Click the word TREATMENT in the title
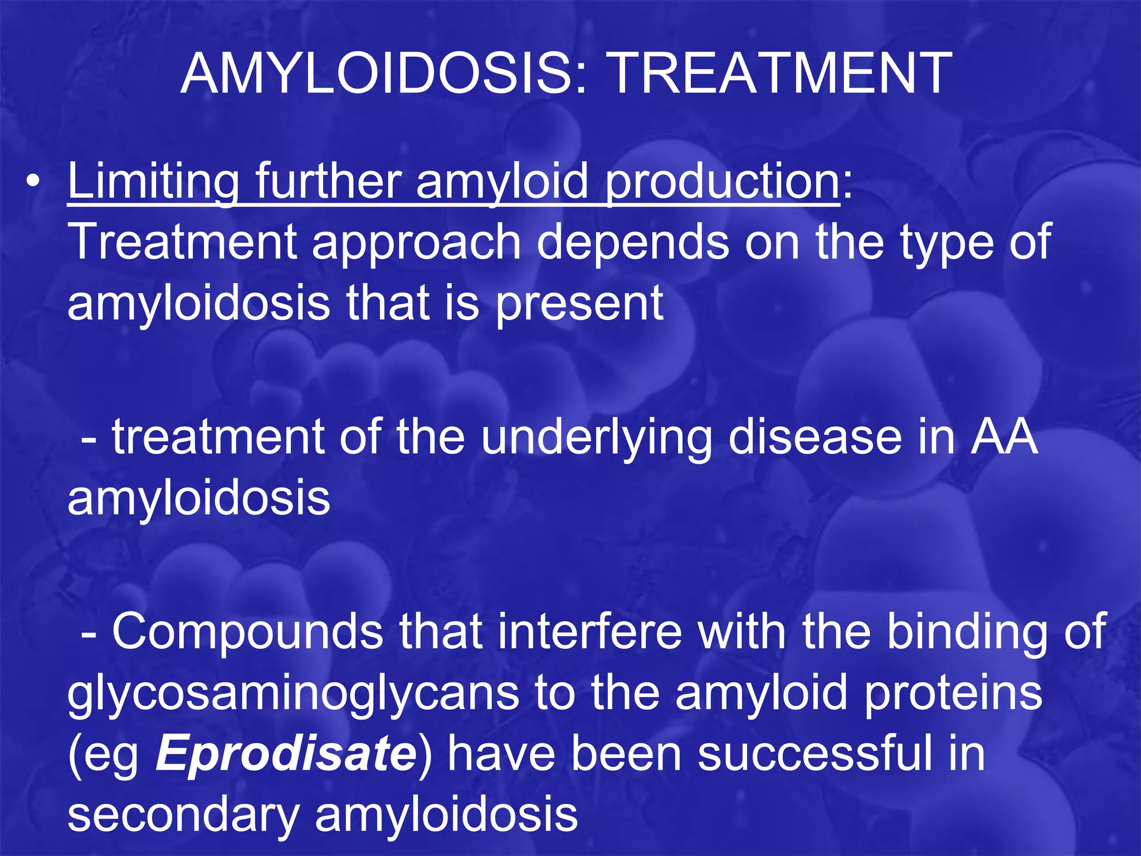[779, 74]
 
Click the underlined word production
[722, 182]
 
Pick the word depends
[632, 243]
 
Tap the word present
[579, 304]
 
